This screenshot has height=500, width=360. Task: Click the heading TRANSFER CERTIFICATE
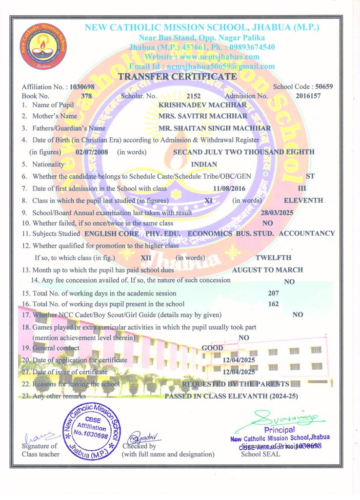(178, 76)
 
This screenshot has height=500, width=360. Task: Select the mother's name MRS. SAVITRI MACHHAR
(202, 116)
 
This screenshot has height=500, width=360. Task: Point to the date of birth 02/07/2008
(92, 152)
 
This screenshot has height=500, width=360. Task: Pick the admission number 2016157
(308, 96)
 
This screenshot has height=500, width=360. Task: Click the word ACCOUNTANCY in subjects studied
(309, 233)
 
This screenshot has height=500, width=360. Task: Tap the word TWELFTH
(273, 257)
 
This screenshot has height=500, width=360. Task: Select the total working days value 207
(274, 293)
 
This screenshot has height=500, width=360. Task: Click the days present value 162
(274, 304)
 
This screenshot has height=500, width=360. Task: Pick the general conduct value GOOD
(213, 348)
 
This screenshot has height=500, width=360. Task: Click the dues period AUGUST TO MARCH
(267, 270)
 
